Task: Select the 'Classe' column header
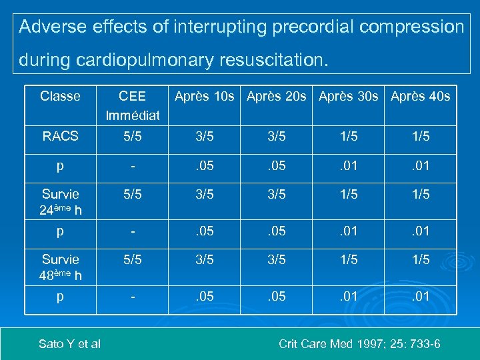click(x=60, y=96)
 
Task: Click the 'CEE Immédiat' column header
click(x=132, y=105)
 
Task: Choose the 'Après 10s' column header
click(x=204, y=96)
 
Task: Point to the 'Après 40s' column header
click(x=420, y=96)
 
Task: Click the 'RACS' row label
click(x=60, y=136)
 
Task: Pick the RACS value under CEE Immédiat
click(x=132, y=136)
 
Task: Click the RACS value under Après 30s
click(x=348, y=136)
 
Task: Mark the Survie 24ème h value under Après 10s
click(x=204, y=195)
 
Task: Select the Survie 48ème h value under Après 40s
click(x=420, y=259)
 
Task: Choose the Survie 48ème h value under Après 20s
click(x=276, y=259)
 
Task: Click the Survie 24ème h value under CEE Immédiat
click(x=132, y=195)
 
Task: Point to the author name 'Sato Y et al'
click(x=69, y=344)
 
